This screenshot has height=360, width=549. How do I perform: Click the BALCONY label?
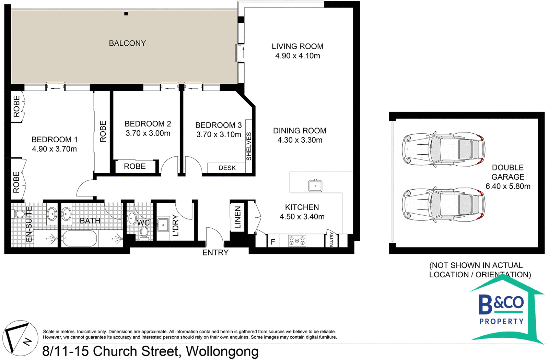(x=127, y=43)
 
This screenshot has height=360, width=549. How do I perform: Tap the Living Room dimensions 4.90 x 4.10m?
(x=297, y=56)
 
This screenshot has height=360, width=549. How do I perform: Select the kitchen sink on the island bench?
(x=315, y=186)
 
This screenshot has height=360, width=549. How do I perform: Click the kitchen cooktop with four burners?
(x=297, y=241)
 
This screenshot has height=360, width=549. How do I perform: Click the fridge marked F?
(x=273, y=242)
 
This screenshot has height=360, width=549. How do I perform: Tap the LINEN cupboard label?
(x=237, y=218)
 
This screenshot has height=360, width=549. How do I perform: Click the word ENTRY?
(x=215, y=253)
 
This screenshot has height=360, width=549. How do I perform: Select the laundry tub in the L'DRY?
(x=163, y=225)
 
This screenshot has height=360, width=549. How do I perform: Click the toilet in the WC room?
(x=144, y=233)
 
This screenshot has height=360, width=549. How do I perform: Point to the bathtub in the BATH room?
(x=80, y=238)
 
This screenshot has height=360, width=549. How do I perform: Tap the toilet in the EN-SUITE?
(x=20, y=214)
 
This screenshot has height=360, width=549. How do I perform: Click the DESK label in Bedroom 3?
(x=227, y=168)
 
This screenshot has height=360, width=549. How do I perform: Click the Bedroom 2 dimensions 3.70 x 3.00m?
(x=148, y=133)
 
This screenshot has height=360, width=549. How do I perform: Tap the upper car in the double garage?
(x=443, y=149)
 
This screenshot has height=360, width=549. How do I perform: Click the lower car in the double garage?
(x=443, y=205)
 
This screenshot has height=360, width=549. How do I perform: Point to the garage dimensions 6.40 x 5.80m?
(x=508, y=186)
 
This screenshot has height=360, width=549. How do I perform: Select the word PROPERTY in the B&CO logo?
(x=501, y=322)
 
